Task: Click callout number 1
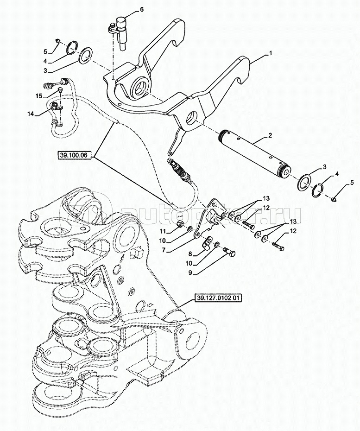[270, 54]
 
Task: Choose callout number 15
[39, 95]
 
